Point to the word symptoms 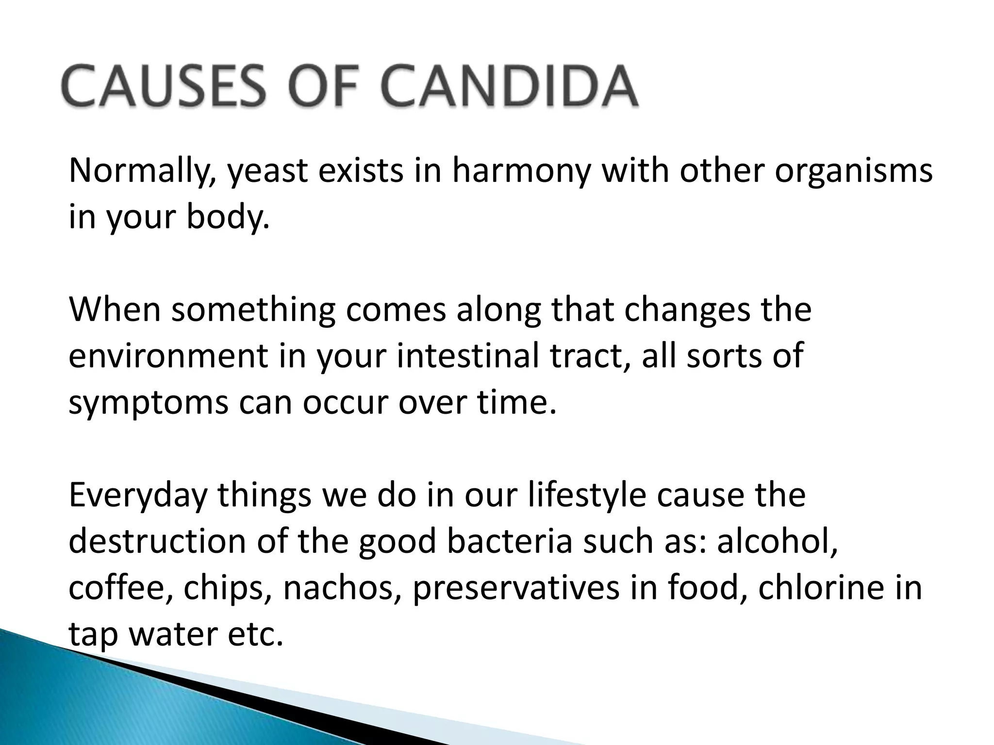click(x=148, y=403)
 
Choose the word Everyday click(x=138, y=495)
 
